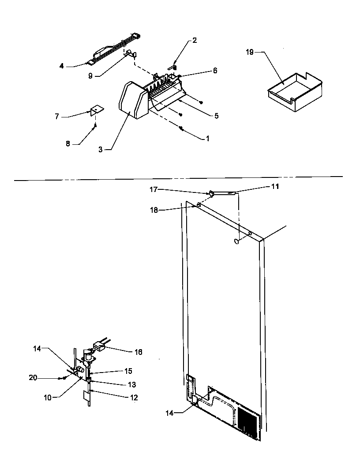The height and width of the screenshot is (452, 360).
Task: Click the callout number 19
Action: tap(249, 52)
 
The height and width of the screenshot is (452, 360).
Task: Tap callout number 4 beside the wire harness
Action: tap(62, 66)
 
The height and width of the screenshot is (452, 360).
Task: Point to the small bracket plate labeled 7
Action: tap(97, 110)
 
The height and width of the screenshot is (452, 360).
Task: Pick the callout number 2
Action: tap(195, 41)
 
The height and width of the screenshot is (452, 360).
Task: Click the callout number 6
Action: tap(215, 71)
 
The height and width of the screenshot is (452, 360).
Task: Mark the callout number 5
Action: tap(216, 116)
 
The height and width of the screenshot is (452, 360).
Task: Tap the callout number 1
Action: tap(207, 138)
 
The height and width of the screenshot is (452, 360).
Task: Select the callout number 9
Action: tap(90, 75)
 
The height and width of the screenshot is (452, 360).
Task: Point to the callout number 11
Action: tap(274, 187)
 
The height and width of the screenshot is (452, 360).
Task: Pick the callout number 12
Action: tap(134, 398)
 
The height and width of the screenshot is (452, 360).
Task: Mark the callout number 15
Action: tap(128, 371)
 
